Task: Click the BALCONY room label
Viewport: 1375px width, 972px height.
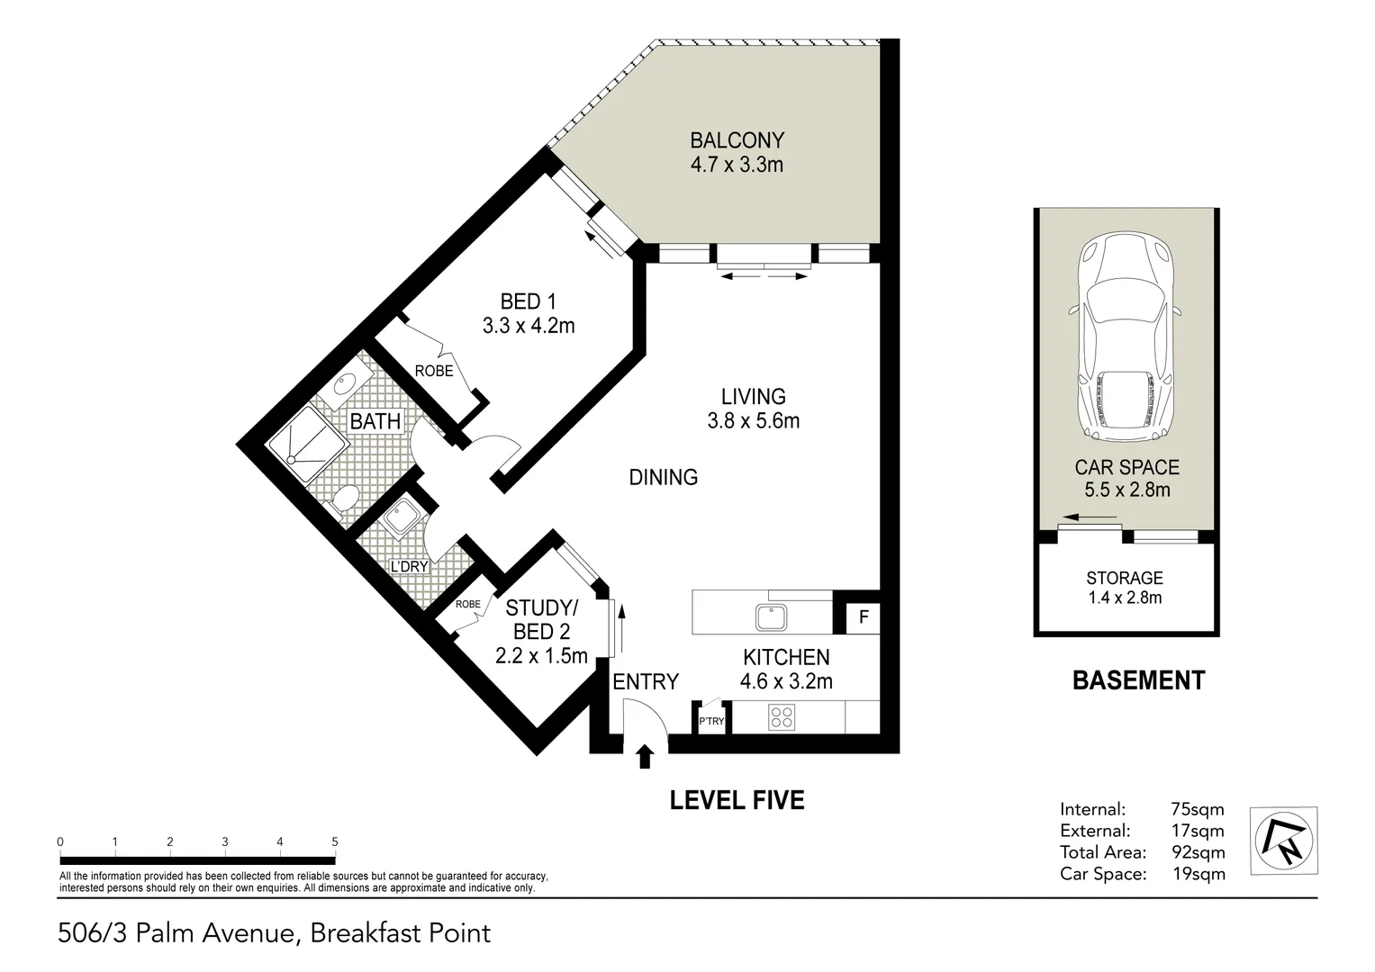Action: coord(737,140)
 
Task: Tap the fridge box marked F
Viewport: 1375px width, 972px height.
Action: coord(864,617)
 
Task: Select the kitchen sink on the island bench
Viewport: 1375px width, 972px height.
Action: coord(772,617)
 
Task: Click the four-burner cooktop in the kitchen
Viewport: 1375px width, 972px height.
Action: coord(782,718)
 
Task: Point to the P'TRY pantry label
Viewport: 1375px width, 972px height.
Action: coord(711,722)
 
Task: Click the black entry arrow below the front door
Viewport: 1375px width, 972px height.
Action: coord(645,756)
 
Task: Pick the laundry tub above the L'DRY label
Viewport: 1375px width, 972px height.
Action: coord(397,518)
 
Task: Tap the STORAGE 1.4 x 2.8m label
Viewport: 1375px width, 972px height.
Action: coord(1124,588)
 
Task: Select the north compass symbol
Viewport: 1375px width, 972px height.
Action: coord(1283,841)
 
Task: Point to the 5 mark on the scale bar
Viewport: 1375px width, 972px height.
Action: coord(335,842)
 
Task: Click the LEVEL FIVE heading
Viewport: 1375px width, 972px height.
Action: coord(737,799)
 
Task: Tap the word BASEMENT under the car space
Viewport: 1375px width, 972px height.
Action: coord(1138,679)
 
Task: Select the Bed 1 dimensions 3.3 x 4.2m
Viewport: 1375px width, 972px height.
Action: coord(528,326)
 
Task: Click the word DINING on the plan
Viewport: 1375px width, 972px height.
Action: coord(663,477)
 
